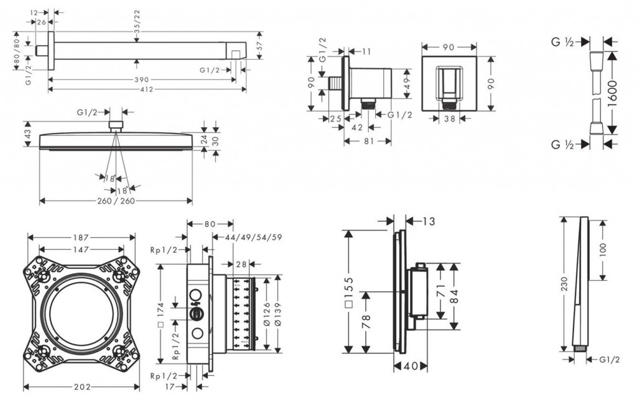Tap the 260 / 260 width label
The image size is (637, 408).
pos(116,201)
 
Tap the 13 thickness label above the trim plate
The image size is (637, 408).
pos(429,221)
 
